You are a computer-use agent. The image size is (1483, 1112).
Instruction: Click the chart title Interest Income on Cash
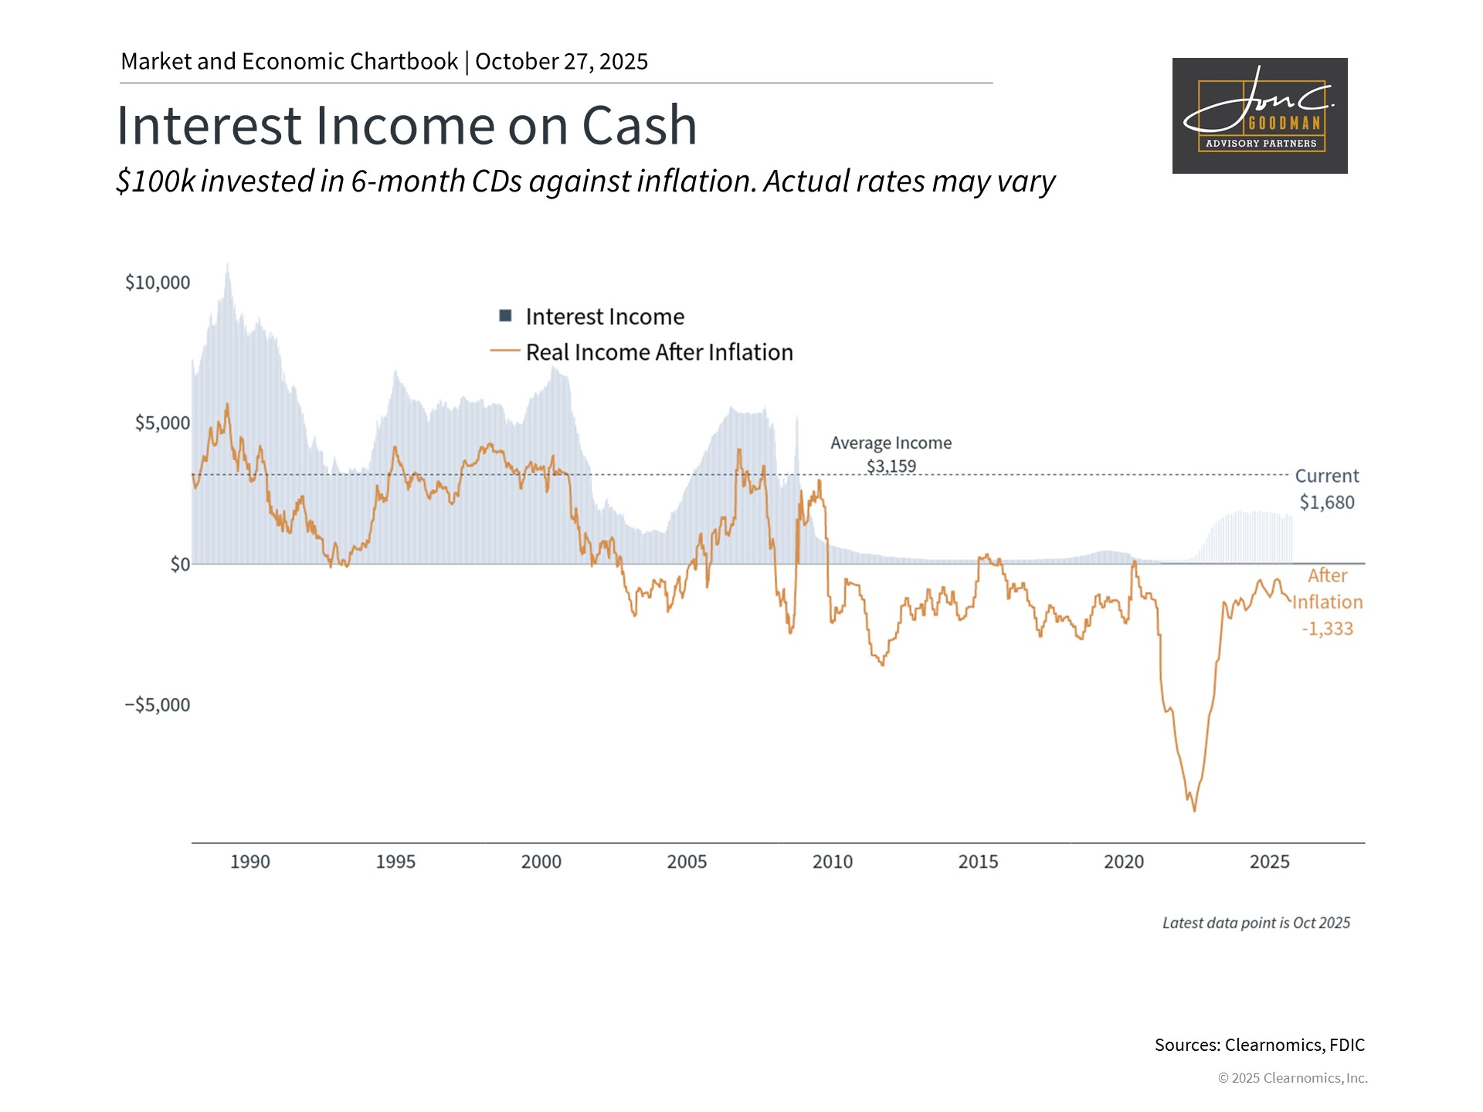point(406,125)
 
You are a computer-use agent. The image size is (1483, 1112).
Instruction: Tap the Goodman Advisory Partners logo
point(1259,116)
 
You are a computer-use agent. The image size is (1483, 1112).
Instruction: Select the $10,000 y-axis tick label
point(158,283)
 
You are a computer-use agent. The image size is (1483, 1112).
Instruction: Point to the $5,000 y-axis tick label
point(162,423)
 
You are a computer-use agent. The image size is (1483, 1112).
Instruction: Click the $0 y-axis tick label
point(179,564)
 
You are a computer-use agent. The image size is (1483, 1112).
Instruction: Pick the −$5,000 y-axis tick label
point(158,705)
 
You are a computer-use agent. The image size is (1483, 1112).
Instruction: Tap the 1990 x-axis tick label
point(250,862)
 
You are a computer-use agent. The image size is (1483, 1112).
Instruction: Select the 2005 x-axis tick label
point(687,862)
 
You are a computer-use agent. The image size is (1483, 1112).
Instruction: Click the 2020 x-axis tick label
point(1124,862)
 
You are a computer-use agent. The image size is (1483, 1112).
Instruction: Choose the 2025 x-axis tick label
point(1269,862)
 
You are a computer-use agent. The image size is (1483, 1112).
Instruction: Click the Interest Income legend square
point(506,316)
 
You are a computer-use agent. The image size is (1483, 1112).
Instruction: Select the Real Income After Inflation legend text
point(659,352)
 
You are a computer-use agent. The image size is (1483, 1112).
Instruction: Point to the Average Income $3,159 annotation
point(891,455)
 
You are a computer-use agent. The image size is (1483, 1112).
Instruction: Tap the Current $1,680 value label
point(1326,502)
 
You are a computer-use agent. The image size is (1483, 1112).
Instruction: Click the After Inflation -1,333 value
point(1327,629)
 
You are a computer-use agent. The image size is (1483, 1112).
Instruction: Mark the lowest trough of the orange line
point(1194,810)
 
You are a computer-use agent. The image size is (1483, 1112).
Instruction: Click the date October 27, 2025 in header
point(562,62)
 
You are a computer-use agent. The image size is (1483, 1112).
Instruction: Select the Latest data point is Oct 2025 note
point(1256,923)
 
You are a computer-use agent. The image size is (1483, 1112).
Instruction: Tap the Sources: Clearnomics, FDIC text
point(1259,1045)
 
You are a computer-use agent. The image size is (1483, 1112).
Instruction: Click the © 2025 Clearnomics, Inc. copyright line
point(1292,1078)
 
